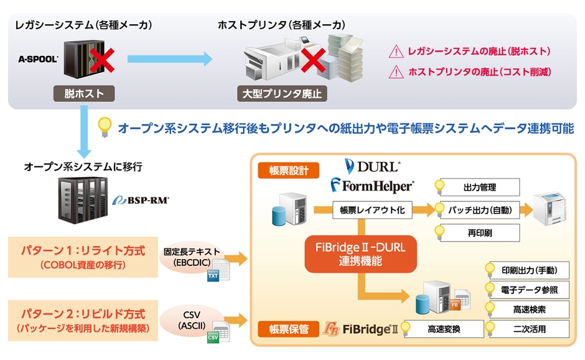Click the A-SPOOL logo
(x=39, y=60)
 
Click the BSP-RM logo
(x=142, y=201)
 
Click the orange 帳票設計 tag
(x=288, y=170)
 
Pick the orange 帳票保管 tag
(x=288, y=328)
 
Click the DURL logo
(x=372, y=166)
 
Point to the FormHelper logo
(x=372, y=185)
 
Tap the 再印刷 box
(x=479, y=234)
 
